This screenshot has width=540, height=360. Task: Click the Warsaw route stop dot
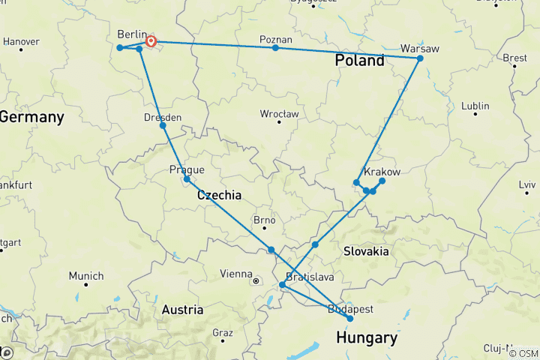[x=420, y=58]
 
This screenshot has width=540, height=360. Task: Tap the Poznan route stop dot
[x=275, y=48]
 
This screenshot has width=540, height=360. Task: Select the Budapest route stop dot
[x=350, y=319]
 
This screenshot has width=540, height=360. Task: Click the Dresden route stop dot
[x=163, y=125]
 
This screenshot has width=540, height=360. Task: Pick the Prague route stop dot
[x=187, y=179]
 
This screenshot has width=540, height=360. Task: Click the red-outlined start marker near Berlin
[x=151, y=42]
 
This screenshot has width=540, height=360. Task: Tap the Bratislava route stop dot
[x=282, y=285]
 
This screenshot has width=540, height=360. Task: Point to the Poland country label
[x=359, y=61]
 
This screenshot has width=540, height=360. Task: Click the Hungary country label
[x=366, y=338]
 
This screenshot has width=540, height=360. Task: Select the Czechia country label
[x=219, y=195]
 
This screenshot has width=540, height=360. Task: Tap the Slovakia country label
[x=365, y=251]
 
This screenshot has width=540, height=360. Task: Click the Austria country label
[x=182, y=309]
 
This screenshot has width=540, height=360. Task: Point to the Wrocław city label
[x=279, y=114]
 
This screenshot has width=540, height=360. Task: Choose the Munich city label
[x=86, y=276]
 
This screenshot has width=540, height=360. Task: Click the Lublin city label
[x=475, y=106]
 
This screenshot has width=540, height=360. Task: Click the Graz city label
[x=223, y=332]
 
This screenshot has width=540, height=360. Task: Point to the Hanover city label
[x=21, y=41]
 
